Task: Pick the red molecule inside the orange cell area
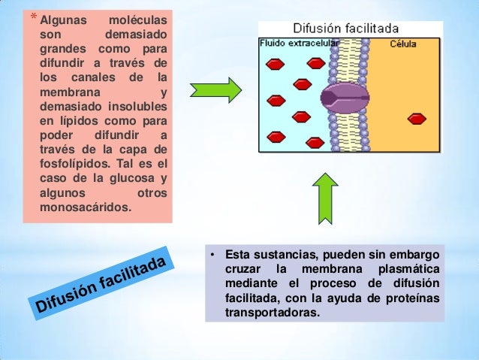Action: pos(416,118)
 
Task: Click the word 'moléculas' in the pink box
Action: pos(138,17)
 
